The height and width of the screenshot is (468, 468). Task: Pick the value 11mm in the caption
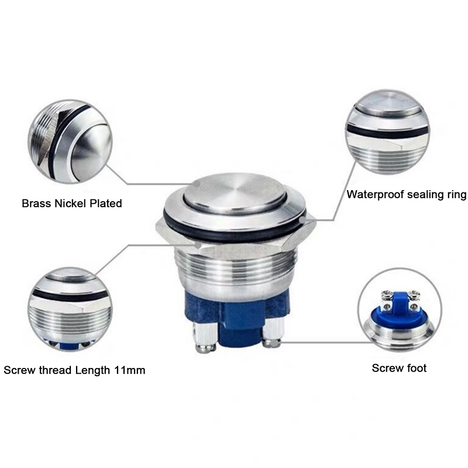pos(130,370)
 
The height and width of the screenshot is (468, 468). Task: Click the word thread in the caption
pos(56,370)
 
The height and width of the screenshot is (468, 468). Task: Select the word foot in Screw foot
pos(415,368)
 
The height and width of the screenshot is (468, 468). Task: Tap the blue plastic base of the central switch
pos(236,316)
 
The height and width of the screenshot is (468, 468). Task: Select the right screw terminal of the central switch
pos(272,334)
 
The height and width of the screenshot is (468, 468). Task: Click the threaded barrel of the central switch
pos(235,269)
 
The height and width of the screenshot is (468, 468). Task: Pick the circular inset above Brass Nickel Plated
pos(70,142)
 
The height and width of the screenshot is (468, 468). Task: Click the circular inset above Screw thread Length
pos(70,309)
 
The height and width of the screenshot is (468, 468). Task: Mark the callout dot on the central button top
pos(196,184)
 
